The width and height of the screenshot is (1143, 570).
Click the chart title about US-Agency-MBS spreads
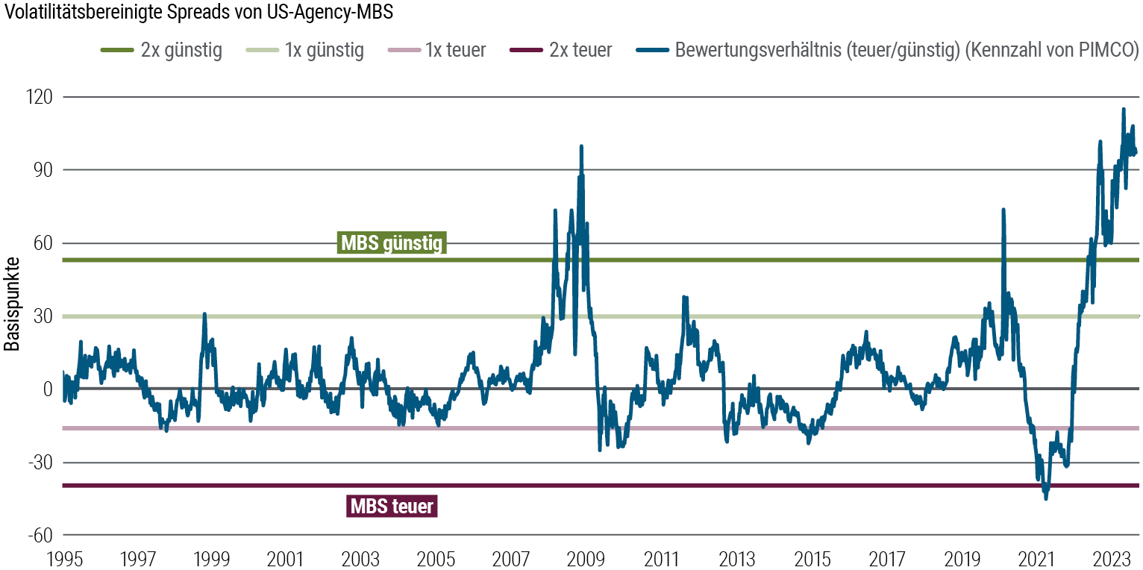pyautogui.click(x=198, y=14)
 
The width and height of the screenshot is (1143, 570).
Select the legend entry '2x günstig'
pyautogui.click(x=161, y=51)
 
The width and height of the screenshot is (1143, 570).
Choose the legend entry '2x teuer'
pyautogui.click(x=560, y=51)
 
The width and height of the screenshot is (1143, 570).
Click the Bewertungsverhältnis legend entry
pyautogui.click(x=888, y=51)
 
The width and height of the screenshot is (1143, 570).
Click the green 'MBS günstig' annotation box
pyautogui.click(x=392, y=243)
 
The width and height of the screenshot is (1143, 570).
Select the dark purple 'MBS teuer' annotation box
pyautogui.click(x=392, y=506)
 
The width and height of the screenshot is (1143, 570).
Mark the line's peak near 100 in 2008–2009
pyautogui.click(x=581, y=146)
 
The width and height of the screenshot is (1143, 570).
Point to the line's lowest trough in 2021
pyautogui.click(x=1046, y=498)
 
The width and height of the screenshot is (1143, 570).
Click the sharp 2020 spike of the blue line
pyautogui.click(x=1003, y=210)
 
